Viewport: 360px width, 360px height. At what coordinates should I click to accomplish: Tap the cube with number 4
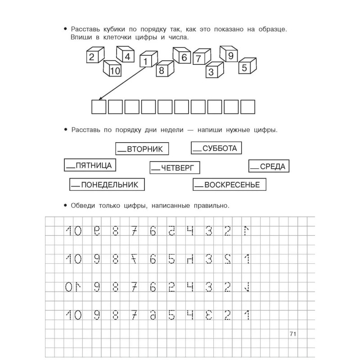(126, 56)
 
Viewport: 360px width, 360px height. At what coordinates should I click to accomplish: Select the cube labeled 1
(148, 59)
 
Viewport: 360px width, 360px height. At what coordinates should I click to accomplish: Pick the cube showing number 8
(164, 69)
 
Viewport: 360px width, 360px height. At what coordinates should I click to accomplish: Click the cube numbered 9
(229, 55)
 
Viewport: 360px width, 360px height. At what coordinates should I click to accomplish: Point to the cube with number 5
(246, 67)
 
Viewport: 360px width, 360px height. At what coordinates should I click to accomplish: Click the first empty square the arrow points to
(99, 107)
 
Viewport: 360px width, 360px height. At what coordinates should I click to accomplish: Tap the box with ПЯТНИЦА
(89, 165)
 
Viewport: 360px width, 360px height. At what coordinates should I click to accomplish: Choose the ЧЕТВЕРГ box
(175, 168)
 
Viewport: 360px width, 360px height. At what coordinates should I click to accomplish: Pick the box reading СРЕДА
(269, 166)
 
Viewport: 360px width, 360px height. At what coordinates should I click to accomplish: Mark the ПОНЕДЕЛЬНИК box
(107, 184)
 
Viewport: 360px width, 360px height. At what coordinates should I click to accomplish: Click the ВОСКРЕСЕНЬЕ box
(229, 184)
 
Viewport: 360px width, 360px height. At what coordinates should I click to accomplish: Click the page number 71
(292, 334)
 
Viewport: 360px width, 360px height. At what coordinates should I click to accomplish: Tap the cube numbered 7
(200, 58)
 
